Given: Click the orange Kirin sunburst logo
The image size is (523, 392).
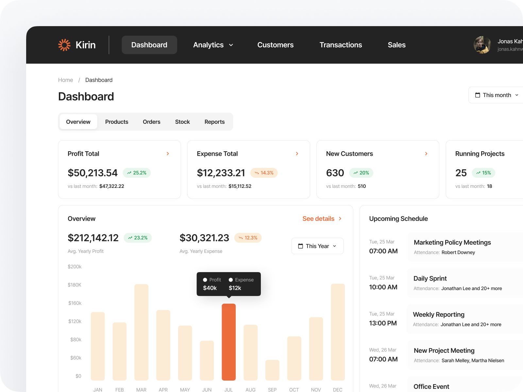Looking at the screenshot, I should tap(64, 45).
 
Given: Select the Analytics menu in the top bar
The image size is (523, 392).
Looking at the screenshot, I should tap(213, 45).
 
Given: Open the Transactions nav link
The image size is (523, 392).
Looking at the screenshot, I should tap(341, 45).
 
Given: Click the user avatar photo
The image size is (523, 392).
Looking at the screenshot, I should tap(482, 45).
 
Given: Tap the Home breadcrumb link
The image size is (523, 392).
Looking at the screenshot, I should tap(65, 80).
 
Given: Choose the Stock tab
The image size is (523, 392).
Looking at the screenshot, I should tap(182, 122).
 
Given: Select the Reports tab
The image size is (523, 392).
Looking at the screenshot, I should tap(214, 122).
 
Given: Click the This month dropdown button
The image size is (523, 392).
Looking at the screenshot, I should tap(497, 95).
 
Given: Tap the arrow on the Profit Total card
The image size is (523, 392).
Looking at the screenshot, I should tap(168, 154).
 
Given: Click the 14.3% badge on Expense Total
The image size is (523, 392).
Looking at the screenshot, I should tap(264, 173).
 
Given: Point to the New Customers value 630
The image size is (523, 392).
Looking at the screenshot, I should tap(335, 173).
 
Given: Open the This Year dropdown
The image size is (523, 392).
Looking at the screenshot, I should tap(317, 246).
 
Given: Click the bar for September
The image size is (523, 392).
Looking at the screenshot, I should tap(272, 370).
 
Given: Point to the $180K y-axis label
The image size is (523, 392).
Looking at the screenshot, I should tap(75, 285).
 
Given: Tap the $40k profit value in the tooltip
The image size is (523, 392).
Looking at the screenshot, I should tap(210, 288).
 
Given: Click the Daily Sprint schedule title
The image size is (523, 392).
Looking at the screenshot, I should tap(430, 278).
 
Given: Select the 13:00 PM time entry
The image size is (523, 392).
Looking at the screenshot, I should tap(383, 323).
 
